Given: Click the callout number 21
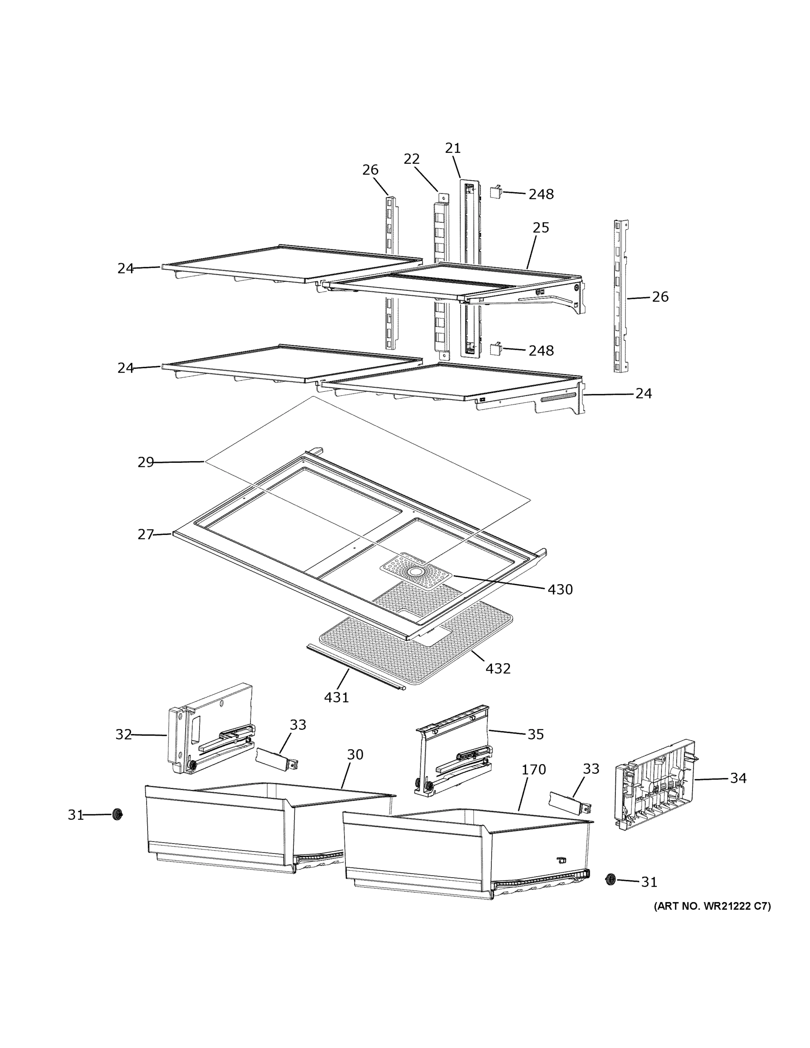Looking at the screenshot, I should coord(452,148).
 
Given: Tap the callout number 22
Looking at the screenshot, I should coord(411,159).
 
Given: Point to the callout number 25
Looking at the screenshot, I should coord(540,228).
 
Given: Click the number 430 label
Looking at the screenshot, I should coord(560,589).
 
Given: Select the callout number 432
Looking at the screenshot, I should coord(498,669).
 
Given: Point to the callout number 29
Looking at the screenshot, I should coord(145,462).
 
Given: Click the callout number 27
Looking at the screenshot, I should coord(145,534).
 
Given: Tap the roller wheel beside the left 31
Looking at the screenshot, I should coord(117,814).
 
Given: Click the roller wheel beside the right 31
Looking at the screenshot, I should coord(610,879).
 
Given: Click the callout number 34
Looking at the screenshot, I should coord(738,778).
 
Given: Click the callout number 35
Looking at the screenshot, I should coord(535,734).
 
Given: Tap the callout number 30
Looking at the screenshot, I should coord(355,755).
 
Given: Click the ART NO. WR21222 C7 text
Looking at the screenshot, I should coord(712,907).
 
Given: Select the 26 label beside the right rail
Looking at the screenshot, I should coord(660,297).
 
